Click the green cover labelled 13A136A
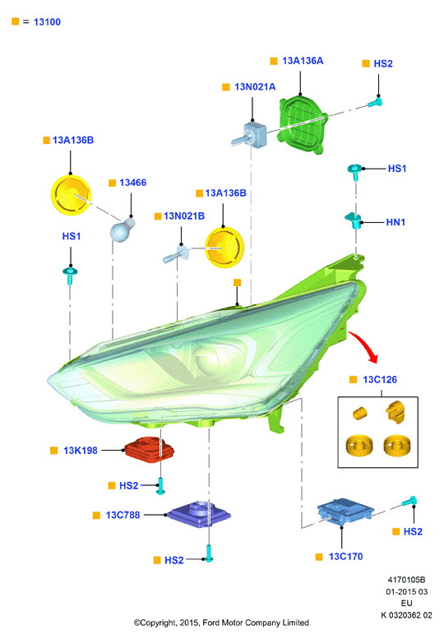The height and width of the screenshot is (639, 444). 303,124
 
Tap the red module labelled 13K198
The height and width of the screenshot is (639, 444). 149,450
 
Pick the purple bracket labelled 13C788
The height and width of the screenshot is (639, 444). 199,514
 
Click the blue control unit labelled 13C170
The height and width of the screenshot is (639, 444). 345,511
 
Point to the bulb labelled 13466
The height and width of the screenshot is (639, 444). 123,230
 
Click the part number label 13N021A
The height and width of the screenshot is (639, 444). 255,87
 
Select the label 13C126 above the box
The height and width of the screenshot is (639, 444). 380,379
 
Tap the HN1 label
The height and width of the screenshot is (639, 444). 395,222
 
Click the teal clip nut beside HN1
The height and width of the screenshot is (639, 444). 354,220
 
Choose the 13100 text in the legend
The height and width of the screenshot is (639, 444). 47,22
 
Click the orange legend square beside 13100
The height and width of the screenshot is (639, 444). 16,21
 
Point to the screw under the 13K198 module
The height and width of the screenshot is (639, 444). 160,486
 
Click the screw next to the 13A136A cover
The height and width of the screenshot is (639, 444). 375,102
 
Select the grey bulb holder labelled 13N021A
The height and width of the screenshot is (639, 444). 250,135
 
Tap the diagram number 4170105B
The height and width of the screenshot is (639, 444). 406,580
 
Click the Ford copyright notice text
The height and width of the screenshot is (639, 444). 221,623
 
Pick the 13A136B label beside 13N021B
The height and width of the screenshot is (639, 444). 225,192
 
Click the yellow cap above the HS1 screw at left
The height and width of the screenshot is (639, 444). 71,195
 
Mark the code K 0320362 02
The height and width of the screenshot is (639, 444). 406,615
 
